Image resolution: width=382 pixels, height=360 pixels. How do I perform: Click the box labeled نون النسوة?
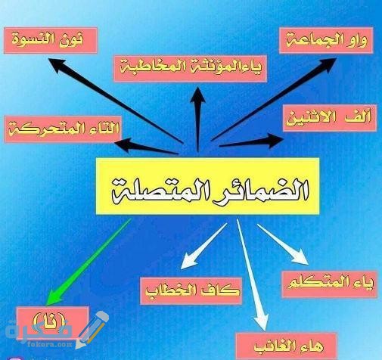pyautogui.click(x=51, y=41)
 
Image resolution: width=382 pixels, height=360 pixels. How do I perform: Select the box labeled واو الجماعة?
pyautogui.click(x=326, y=41)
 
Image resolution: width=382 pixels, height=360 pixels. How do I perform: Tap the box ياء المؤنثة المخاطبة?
pyautogui.click(x=191, y=69)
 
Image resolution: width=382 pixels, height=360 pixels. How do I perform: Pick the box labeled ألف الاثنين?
pyautogui.click(x=330, y=118)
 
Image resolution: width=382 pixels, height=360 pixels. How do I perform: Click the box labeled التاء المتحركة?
pyautogui.click(x=63, y=129)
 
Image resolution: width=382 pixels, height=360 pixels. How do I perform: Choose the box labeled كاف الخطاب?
pyautogui.click(x=191, y=290)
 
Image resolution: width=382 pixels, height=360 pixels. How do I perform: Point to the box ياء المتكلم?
pyautogui.click(x=330, y=284)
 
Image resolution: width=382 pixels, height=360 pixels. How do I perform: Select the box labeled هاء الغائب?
pyautogui.click(x=287, y=346)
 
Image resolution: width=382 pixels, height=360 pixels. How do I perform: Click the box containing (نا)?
pyautogui.click(x=52, y=320)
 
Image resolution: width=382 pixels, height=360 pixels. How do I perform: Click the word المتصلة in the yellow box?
pyautogui.click(x=157, y=191)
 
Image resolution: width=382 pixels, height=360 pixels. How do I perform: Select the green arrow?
pyautogui.click(x=89, y=262)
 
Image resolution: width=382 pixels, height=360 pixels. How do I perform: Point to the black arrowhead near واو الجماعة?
pyautogui.click(x=328, y=64)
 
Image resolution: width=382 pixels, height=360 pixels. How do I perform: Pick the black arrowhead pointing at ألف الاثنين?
pyautogui.click(x=275, y=141)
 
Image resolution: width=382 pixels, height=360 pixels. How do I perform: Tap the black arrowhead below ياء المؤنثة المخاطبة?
pyautogui.click(x=197, y=96)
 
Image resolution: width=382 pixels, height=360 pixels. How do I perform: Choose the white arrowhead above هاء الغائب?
pyautogui.click(x=261, y=321)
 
